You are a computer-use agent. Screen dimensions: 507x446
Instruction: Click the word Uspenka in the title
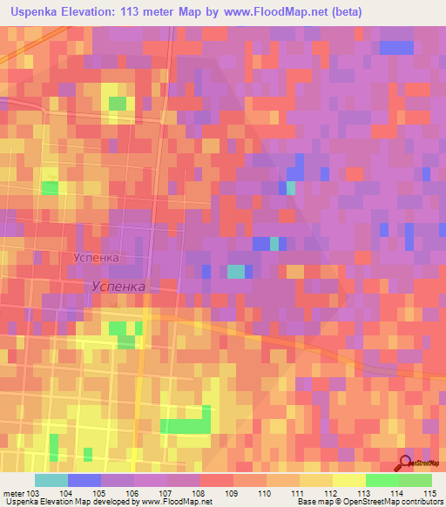click(38, 12)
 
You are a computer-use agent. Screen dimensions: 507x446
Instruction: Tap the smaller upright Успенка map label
click(95, 258)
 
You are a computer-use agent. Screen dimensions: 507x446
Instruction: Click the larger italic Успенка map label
click(119, 286)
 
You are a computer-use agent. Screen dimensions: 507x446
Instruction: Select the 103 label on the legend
click(34, 493)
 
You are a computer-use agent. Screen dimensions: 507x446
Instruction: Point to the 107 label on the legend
click(166, 493)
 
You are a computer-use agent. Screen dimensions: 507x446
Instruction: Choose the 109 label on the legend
click(232, 493)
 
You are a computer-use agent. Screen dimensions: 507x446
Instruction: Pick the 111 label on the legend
click(298, 493)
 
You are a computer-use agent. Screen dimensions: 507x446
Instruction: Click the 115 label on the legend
click(431, 493)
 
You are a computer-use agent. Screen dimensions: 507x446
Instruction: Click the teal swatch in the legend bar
click(51, 480)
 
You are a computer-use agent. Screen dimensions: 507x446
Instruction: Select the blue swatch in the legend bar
click(84, 480)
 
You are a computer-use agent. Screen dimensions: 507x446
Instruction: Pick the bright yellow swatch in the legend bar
click(348, 480)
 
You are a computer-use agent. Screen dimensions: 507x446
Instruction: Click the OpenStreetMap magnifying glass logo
click(406, 463)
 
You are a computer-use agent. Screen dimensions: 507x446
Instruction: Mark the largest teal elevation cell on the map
click(236, 271)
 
